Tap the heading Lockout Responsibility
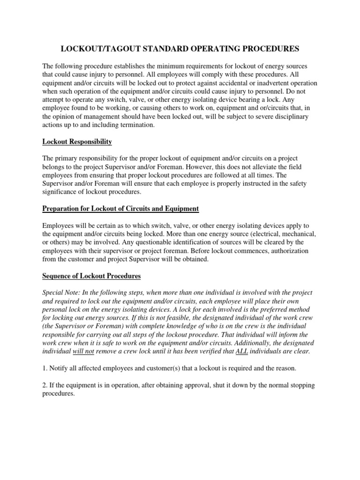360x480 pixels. coord(77,141)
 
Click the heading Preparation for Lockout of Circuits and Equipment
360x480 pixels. coord(120,208)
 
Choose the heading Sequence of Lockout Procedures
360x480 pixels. coord(91,276)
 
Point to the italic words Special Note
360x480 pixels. coord(60,292)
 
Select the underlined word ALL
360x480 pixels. coord(237,352)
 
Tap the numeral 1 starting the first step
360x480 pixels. coord(44,368)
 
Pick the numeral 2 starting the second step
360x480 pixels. coord(44,385)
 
